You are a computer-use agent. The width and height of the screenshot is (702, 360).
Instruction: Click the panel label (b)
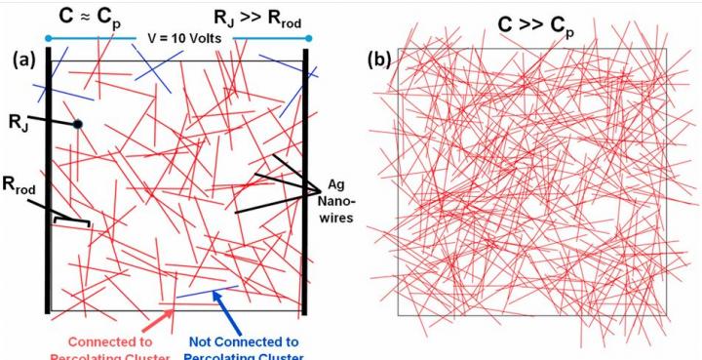point(378,60)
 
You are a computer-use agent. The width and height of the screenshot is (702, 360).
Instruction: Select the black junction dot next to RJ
point(77,124)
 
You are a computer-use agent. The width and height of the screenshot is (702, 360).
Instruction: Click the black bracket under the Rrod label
point(71,222)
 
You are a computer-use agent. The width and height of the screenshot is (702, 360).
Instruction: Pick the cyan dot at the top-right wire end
point(308,39)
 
